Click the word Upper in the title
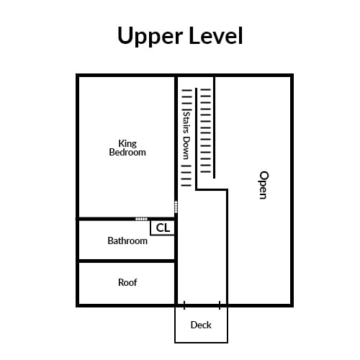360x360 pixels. tap(150, 36)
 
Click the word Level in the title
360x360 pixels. tap(216, 35)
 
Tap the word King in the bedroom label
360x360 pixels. tap(127, 144)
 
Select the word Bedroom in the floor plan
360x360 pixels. tap(127, 153)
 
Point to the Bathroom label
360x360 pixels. tap(127, 240)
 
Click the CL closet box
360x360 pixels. tap(163, 228)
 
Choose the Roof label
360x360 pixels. tap(127, 282)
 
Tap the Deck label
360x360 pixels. tap(201, 325)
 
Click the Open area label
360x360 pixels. tap(264, 185)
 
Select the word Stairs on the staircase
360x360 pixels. tap(186, 122)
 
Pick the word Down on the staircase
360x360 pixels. tap(186, 148)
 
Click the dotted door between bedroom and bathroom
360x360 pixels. tap(141, 219)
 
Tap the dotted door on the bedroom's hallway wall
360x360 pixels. tap(176, 207)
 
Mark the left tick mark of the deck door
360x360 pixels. tap(184, 305)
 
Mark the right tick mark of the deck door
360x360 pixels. tap(220, 305)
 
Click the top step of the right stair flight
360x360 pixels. tap(206, 90)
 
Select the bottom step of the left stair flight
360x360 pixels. tap(186, 185)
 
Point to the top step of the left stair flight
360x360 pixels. tap(187, 91)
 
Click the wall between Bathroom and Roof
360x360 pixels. tap(127, 261)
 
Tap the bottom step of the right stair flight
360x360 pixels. tap(206, 171)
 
